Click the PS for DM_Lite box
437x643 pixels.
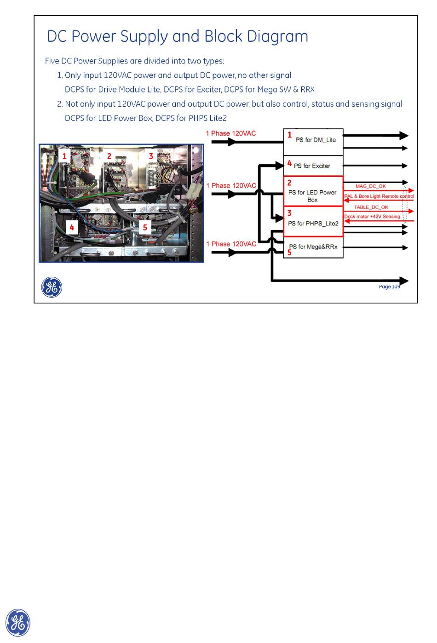tap(313, 142)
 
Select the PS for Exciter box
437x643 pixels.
tap(313, 166)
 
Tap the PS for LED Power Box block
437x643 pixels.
tap(313, 191)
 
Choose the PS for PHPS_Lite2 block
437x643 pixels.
tap(313, 221)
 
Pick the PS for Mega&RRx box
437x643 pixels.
tap(313, 247)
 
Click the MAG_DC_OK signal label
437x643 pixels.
tap(371, 186)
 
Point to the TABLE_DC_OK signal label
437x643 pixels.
tap(371, 207)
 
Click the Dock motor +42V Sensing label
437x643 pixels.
tap(372, 217)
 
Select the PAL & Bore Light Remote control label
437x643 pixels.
tap(379, 196)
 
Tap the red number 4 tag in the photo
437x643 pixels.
tap(72, 228)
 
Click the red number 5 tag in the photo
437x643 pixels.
tap(145, 228)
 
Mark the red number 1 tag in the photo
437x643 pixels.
tap(64, 156)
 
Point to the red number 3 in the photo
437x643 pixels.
tap(151, 156)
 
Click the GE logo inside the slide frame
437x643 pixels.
tap(52, 287)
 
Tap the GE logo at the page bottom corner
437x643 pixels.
tap(18, 623)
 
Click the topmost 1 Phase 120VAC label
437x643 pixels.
tap(231, 133)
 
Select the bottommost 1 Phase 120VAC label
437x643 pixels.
tap(231, 244)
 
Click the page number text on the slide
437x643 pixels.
tap(389, 287)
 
